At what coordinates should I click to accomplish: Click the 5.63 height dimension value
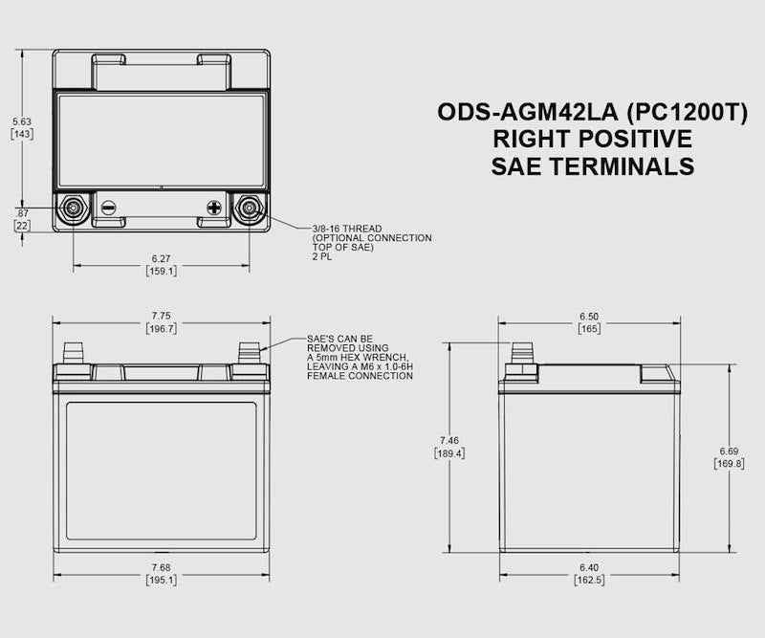pos(22,121)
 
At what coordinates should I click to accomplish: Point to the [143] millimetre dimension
pos(22,134)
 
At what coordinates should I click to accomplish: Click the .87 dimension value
pos(21,211)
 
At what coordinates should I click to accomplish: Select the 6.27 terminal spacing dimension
pos(161,258)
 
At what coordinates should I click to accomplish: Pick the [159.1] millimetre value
pos(161,271)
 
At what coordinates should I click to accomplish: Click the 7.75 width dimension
pos(161,316)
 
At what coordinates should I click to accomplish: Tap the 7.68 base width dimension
pos(161,567)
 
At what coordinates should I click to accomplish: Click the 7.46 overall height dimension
pos(449,440)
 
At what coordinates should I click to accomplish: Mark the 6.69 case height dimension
pos(730,451)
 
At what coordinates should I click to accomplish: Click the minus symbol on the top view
pos(108,208)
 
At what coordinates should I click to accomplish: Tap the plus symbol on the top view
pos(214,208)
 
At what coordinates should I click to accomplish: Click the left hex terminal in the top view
pos(73,208)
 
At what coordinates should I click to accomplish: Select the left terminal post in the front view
pos(73,355)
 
